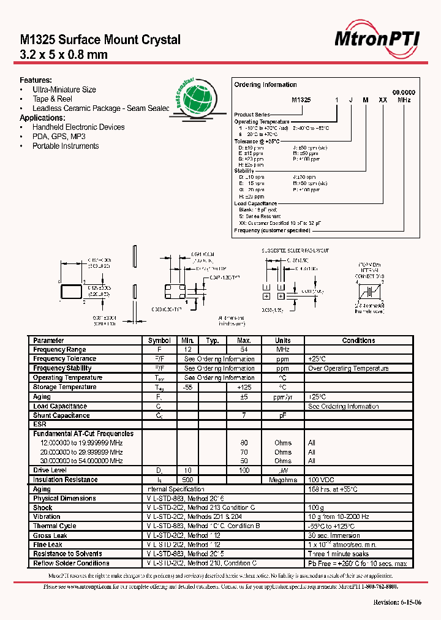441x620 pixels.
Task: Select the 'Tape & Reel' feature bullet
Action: (x=52, y=99)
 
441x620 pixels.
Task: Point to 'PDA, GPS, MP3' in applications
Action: (x=59, y=137)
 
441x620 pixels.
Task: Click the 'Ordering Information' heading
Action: (x=266, y=85)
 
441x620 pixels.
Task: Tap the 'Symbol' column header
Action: (x=159, y=341)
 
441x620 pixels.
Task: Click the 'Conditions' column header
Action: (x=358, y=341)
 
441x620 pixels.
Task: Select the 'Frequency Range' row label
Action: (x=59, y=350)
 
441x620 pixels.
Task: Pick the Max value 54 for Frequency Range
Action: (x=244, y=350)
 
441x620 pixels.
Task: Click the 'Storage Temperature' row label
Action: (x=64, y=387)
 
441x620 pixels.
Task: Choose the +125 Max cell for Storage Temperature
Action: (x=244, y=387)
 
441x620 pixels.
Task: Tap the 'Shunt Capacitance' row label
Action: (x=61, y=415)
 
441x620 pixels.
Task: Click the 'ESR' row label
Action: (x=40, y=424)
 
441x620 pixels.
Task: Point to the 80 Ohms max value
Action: (x=244, y=443)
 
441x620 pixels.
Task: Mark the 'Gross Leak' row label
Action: (x=50, y=535)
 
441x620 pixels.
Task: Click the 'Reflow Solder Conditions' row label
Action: (x=72, y=563)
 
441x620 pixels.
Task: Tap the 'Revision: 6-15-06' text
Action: (x=397, y=603)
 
